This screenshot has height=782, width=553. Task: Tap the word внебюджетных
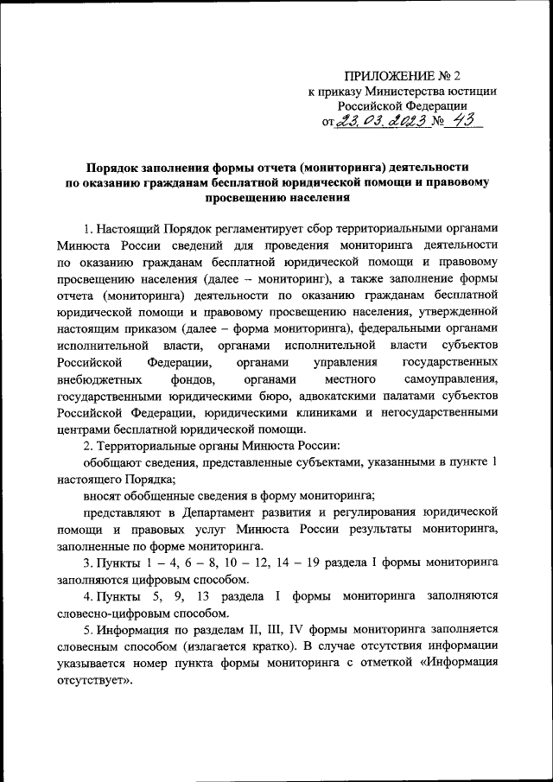point(92,380)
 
